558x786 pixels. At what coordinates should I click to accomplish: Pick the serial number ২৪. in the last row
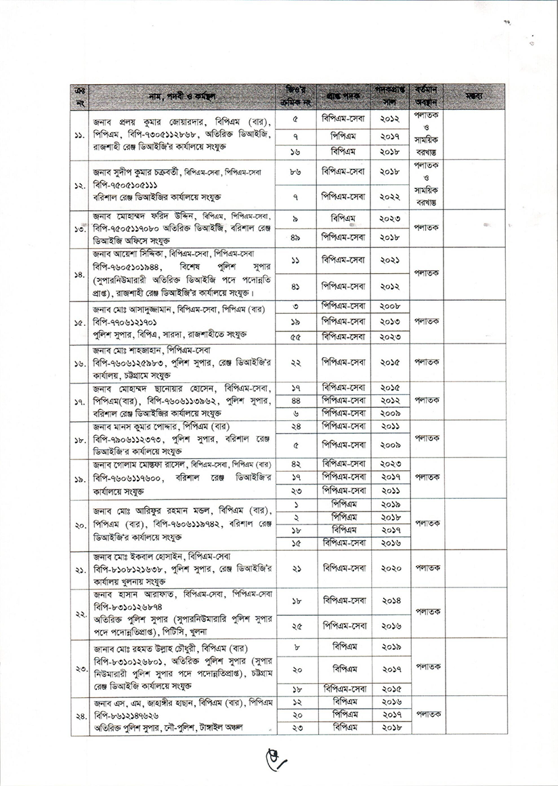coord(79,715)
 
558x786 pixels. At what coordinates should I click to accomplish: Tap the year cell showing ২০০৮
coord(391,307)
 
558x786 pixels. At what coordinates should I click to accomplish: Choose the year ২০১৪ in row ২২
coord(391,601)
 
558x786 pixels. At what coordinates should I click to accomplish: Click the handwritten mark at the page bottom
coord(277,764)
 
